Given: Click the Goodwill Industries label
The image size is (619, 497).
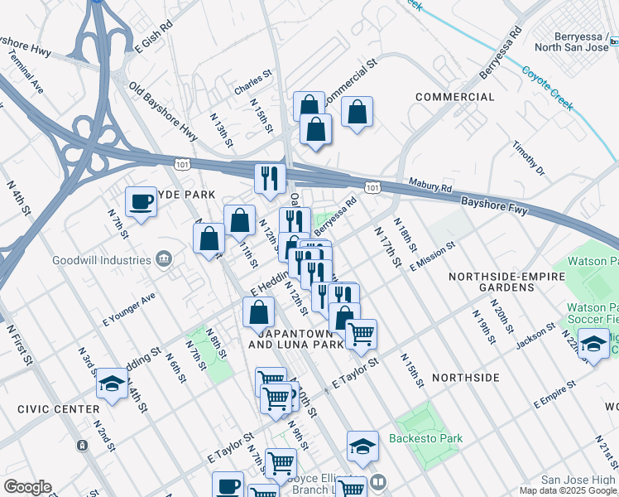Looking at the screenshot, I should click(x=99, y=259).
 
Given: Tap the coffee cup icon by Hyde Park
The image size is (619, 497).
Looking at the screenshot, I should click(x=141, y=201).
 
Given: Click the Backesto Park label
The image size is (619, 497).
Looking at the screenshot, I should click(x=429, y=438).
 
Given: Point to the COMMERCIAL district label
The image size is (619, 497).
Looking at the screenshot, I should click(x=454, y=97).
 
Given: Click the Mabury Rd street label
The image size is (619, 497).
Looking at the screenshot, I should click(x=429, y=187).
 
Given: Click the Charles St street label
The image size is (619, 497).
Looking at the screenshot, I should click(x=252, y=82).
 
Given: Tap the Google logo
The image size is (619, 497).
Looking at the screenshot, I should click(x=27, y=487).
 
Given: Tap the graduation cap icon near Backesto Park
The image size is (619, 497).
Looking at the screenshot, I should click(x=362, y=446).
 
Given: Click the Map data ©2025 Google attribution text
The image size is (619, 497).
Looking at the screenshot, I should click(x=567, y=490).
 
